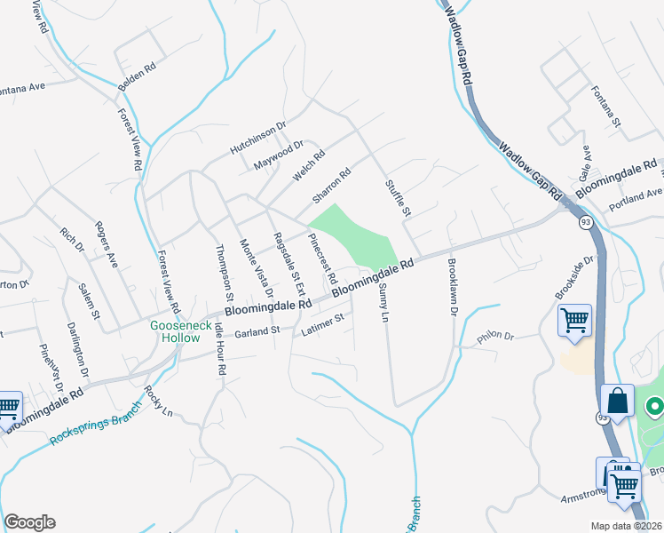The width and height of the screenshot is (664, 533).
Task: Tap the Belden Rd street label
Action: (137, 78)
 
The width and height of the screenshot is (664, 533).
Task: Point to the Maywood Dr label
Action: (278, 155)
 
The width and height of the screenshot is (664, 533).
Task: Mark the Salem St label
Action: (90, 301)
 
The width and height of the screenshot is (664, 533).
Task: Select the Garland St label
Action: (257, 332)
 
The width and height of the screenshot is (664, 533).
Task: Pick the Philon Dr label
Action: (495, 337)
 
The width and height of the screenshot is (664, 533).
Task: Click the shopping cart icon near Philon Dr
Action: (574, 320)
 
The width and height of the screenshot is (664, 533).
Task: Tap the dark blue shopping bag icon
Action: (617, 401)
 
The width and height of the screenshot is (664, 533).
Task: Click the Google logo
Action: (29, 522)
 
